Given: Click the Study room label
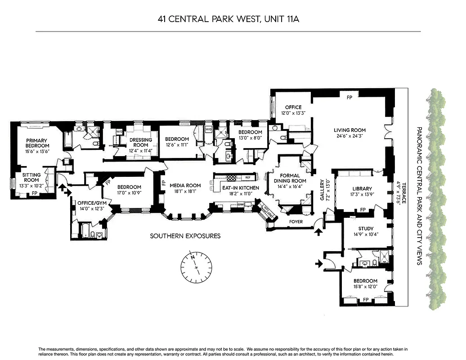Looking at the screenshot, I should (365, 229).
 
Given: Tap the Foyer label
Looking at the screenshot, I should (296, 222).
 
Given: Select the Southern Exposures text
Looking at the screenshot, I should (185, 236).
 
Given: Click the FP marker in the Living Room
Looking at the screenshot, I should (349, 97).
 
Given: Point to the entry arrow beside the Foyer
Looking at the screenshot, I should (319, 232).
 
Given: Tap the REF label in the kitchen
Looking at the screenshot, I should (247, 178).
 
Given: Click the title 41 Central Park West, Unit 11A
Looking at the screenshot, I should (228, 19).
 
